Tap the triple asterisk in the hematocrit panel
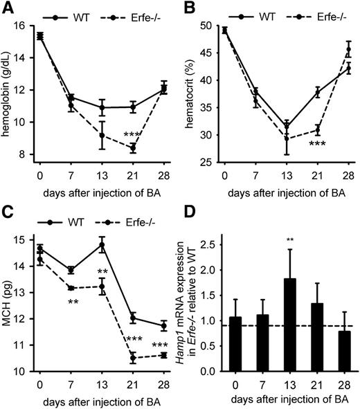(317, 143)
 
